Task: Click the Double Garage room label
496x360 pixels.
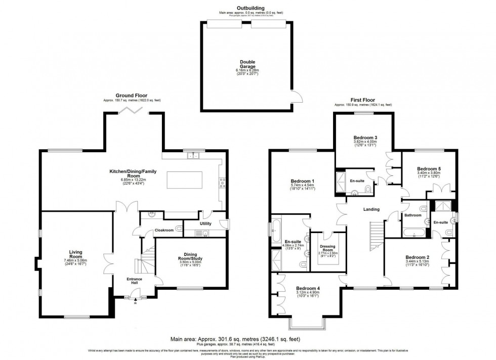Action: tap(247, 65)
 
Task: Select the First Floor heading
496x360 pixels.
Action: tap(362, 100)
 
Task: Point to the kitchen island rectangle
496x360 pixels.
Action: tap(184, 179)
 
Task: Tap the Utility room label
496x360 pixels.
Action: tap(205, 223)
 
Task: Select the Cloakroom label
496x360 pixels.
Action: tap(164, 230)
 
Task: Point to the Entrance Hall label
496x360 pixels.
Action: tap(135, 281)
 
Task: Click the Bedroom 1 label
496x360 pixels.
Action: tap(303, 181)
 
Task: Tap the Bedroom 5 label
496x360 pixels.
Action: tap(429, 168)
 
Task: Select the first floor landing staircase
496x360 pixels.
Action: tap(375, 235)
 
